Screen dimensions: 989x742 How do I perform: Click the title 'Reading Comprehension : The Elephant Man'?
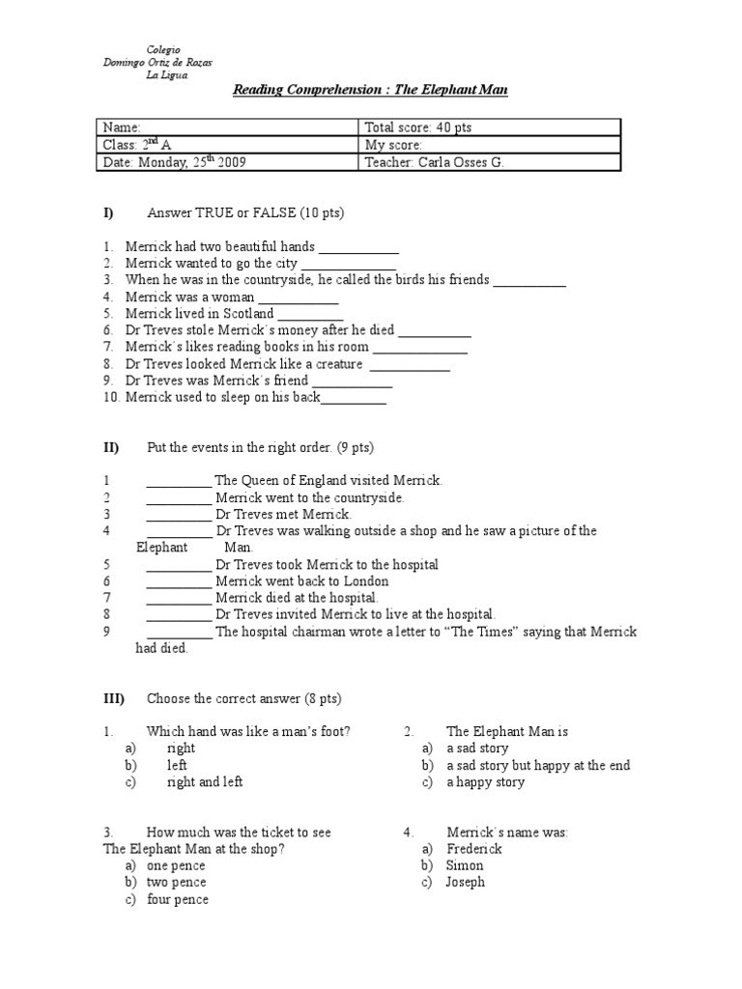pos(371,91)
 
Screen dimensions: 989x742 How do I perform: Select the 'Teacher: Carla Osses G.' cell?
pos(435,162)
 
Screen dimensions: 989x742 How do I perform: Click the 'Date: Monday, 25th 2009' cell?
pos(174,162)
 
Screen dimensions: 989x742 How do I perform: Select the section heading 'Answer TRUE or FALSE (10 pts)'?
pos(245,212)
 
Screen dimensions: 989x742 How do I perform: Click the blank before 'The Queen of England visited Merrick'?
pos(179,482)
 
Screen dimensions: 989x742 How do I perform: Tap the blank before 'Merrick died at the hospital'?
pos(179,599)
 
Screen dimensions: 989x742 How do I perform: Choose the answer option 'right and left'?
pos(205,782)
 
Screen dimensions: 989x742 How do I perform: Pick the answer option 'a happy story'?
pos(485,782)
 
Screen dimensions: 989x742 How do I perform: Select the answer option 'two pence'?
pos(176,882)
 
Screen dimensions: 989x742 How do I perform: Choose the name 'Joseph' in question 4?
pos(466,882)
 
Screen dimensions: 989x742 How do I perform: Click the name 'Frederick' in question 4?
pos(474,849)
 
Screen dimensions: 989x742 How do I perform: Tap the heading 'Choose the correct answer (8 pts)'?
pos(243,698)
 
